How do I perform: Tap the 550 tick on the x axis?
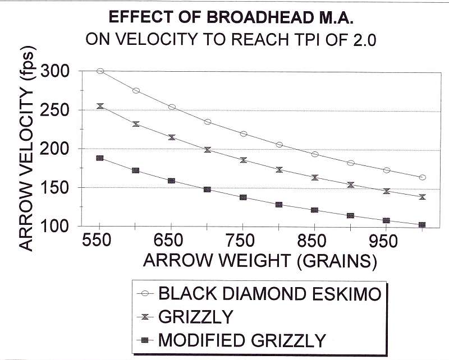100,242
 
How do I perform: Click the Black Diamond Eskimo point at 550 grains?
100,71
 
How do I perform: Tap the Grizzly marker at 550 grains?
100,106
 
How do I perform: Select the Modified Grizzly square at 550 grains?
100,158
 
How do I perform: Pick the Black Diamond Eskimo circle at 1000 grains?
422,177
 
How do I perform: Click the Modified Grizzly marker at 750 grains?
243,197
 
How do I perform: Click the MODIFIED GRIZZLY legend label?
242,340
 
